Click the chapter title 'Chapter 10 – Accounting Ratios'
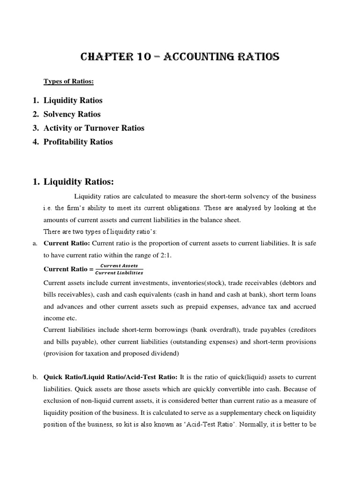click(180, 57)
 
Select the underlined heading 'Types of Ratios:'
click(68, 82)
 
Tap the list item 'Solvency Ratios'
click(72, 114)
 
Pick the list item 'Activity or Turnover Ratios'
click(94, 128)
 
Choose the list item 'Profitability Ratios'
click(78, 142)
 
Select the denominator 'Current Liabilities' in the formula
click(119, 273)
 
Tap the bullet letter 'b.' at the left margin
click(35, 377)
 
